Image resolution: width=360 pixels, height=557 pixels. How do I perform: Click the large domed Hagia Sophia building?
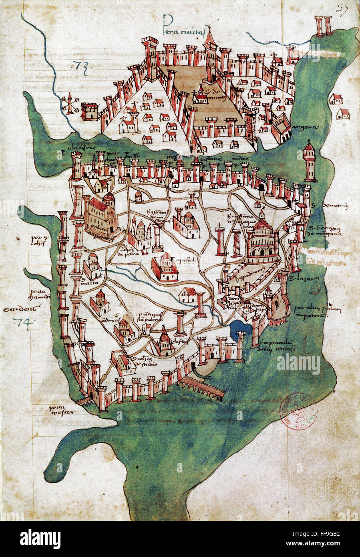[262, 240]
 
